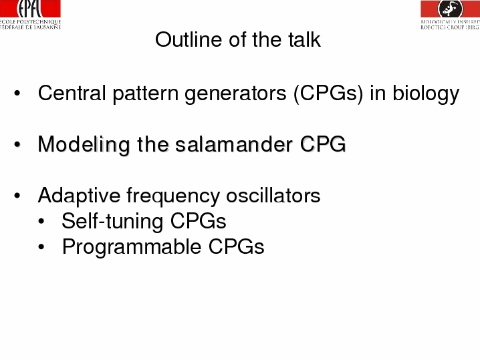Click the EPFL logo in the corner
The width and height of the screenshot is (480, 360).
pyautogui.click(x=30, y=15)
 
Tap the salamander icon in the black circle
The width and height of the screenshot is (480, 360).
pyautogui.click(x=451, y=8)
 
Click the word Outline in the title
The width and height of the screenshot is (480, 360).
pyautogui.click(x=188, y=39)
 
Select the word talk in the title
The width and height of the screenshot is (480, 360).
pyautogui.click(x=304, y=39)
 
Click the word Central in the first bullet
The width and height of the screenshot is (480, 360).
pyautogui.click(x=72, y=93)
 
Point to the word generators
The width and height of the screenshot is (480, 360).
pyautogui.click(x=236, y=94)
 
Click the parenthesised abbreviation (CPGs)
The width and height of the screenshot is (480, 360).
pyautogui.click(x=328, y=94)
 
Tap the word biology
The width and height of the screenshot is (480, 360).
pyautogui.click(x=426, y=94)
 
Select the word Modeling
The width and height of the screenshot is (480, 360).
pyautogui.click(x=84, y=145)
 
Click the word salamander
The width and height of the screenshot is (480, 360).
pyautogui.click(x=234, y=144)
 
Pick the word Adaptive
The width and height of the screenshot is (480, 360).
pyautogui.click(x=80, y=196)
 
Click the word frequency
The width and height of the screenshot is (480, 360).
pyautogui.click(x=173, y=196)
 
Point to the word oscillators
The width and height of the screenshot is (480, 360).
pyautogui.click(x=273, y=195)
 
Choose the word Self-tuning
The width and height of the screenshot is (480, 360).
pyautogui.click(x=112, y=222)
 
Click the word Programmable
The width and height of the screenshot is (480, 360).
pyautogui.click(x=132, y=247)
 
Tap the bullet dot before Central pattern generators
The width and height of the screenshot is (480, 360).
pyautogui.click(x=17, y=93)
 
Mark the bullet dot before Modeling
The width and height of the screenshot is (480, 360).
pyautogui.click(x=17, y=144)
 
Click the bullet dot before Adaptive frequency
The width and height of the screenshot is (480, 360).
pyautogui.click(x=17, y=195)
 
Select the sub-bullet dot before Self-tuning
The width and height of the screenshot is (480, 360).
pyautogui.click(x=41, y=221)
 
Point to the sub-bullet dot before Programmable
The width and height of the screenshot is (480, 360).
pyautogui.click(x=41, y=246)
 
